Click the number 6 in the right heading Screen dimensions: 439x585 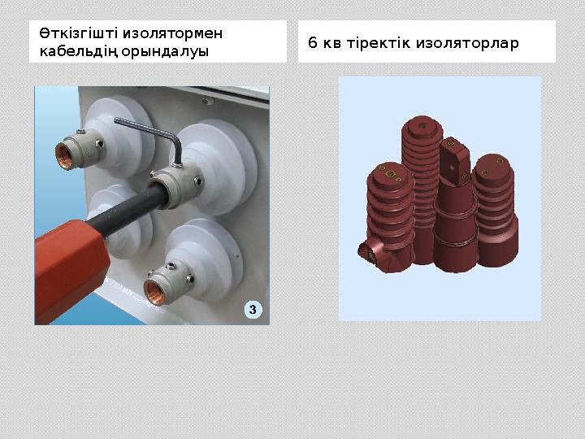[313, 42]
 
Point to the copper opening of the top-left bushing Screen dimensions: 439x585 [63, 152]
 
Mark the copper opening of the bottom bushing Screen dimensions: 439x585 [154, 290]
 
